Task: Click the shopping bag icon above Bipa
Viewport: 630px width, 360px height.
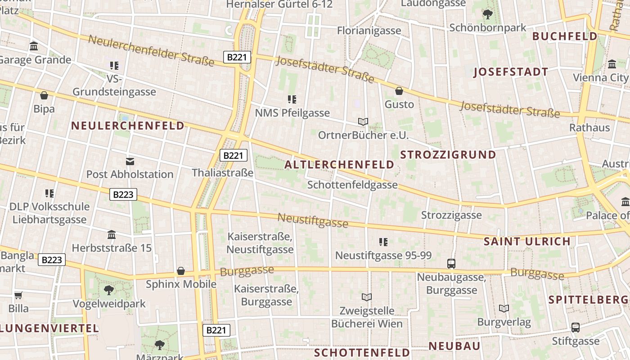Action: (44, 95)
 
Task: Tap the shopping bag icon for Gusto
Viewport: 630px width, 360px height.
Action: (399, 91)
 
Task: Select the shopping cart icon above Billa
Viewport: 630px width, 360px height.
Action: (18, 295)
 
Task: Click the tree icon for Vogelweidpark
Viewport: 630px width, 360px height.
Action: (108, 290)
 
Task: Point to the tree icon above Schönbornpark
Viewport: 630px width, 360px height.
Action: (487, 14)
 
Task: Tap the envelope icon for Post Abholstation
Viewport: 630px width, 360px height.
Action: (130, 161)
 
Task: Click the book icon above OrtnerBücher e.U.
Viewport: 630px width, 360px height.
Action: (363, 121)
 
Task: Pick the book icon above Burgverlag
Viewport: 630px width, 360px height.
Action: (504, 308)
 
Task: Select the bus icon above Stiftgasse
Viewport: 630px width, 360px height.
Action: (576, 328)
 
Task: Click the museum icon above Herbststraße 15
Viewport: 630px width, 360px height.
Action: (112, 234)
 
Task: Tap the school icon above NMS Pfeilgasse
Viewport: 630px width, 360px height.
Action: (292, 99)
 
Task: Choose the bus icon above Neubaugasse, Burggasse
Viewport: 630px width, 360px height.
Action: (451, 263)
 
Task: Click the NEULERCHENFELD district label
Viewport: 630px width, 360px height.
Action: (128, 126)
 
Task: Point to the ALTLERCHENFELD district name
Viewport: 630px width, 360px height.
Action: (339, 165)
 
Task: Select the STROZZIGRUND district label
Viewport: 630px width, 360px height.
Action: (448, 155)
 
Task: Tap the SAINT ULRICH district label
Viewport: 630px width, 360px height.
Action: (527, 241)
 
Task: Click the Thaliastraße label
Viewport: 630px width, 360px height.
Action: (222, 172)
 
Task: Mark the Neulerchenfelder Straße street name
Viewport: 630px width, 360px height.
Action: (151, 50)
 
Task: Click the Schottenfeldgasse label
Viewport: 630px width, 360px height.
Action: (352, 184)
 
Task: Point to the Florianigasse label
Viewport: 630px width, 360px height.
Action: (369, 31)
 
